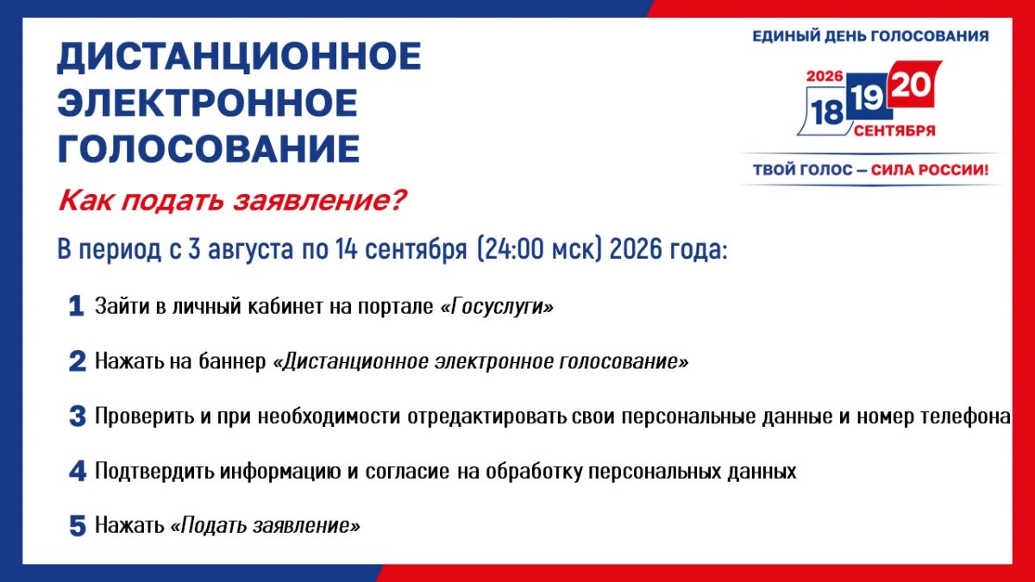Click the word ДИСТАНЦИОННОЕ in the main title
pyautogui.click(x=239, y=57)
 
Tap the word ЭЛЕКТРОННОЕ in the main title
pyautogui.click(x=208, y=103)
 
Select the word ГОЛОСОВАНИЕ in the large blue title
pyautogui.click(x=209, y=148)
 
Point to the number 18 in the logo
pyautogui.click(x=827, y=113)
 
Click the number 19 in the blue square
pyautogui.click(x=867, y=98)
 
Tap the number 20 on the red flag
pyautogui.click(x=911, y=85)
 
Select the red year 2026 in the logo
pyautogui.click(x=825, y=76)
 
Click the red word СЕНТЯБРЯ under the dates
pyautogui.click(x=894, y=131)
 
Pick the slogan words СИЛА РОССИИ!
pyautogui.click(x=930, y=170)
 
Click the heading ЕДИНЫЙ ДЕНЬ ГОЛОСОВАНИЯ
pyautogui.click(x=870, y=36)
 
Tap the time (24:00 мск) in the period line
pyautogui.click(x=539, y=249)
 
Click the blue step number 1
pyautogui.click(x=76, y=306)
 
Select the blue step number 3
pyautogui.click(x=78, y=416)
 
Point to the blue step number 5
pyautogui.click(x=78, y=526)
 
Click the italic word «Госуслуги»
pyautogui.click(x=497, y=306)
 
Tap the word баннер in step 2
pyautogui.click(x=232, y=361)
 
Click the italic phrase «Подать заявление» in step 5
pyautogui.click(x=266, y=526)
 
